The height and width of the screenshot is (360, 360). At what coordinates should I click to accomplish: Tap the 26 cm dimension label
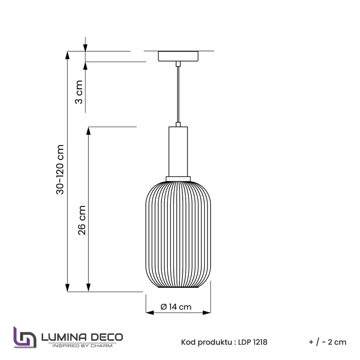pos(82,220)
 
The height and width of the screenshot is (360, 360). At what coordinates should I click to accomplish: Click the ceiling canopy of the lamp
pos(178,56)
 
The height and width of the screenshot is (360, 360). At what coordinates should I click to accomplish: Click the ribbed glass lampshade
pos(178,234)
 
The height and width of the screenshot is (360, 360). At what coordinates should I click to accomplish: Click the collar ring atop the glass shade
pos(178,178)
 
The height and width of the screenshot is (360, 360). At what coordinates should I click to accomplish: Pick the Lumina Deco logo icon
pos(25,338)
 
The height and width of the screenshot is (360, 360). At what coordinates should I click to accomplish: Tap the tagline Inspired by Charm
pos(82,346)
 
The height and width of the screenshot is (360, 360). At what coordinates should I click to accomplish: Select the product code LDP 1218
pos(253,342)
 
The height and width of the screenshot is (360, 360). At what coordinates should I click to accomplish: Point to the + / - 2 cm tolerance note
pos(327,342)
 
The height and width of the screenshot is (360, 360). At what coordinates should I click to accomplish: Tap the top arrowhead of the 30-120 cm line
pos(67,55)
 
